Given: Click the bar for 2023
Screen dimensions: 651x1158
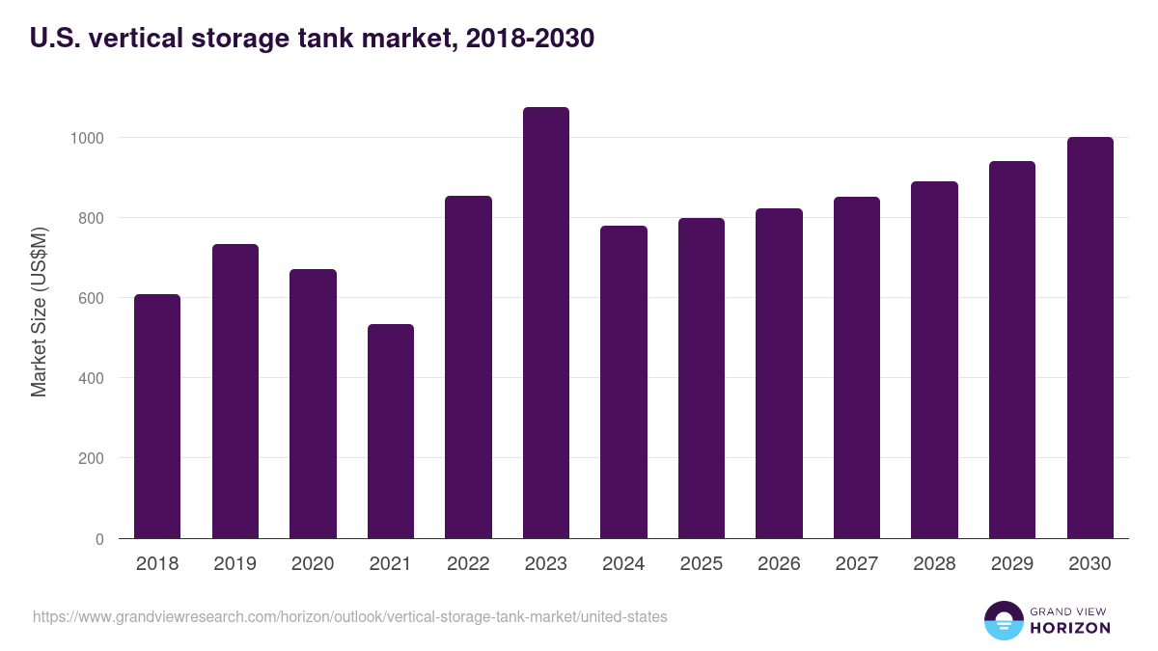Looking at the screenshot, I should (x=545, y=323).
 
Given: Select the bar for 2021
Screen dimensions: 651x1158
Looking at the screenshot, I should (x=390, y=431).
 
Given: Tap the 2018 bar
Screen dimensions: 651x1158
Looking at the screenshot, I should (x=157, y=417).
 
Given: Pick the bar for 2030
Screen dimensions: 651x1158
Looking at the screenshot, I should (x=1089, y=338).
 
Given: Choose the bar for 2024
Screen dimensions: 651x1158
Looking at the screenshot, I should (x=623, y=382).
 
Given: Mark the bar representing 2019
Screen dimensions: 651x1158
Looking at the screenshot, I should (x=234, y=392).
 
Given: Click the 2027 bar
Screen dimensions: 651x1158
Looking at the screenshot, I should (x=857, y=367).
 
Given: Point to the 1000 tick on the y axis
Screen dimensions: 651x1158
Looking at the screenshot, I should (x=86, y=138).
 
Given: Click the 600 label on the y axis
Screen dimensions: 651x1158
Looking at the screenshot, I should (x=90, y=298).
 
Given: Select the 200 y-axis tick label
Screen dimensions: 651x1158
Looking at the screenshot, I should (x=90, y=459).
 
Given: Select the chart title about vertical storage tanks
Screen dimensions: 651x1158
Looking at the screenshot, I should (x=312, y=39).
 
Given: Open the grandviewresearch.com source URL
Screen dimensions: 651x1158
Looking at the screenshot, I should (x=349, y=616).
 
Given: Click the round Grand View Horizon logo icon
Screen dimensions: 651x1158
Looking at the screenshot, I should (x=1004, y=620).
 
